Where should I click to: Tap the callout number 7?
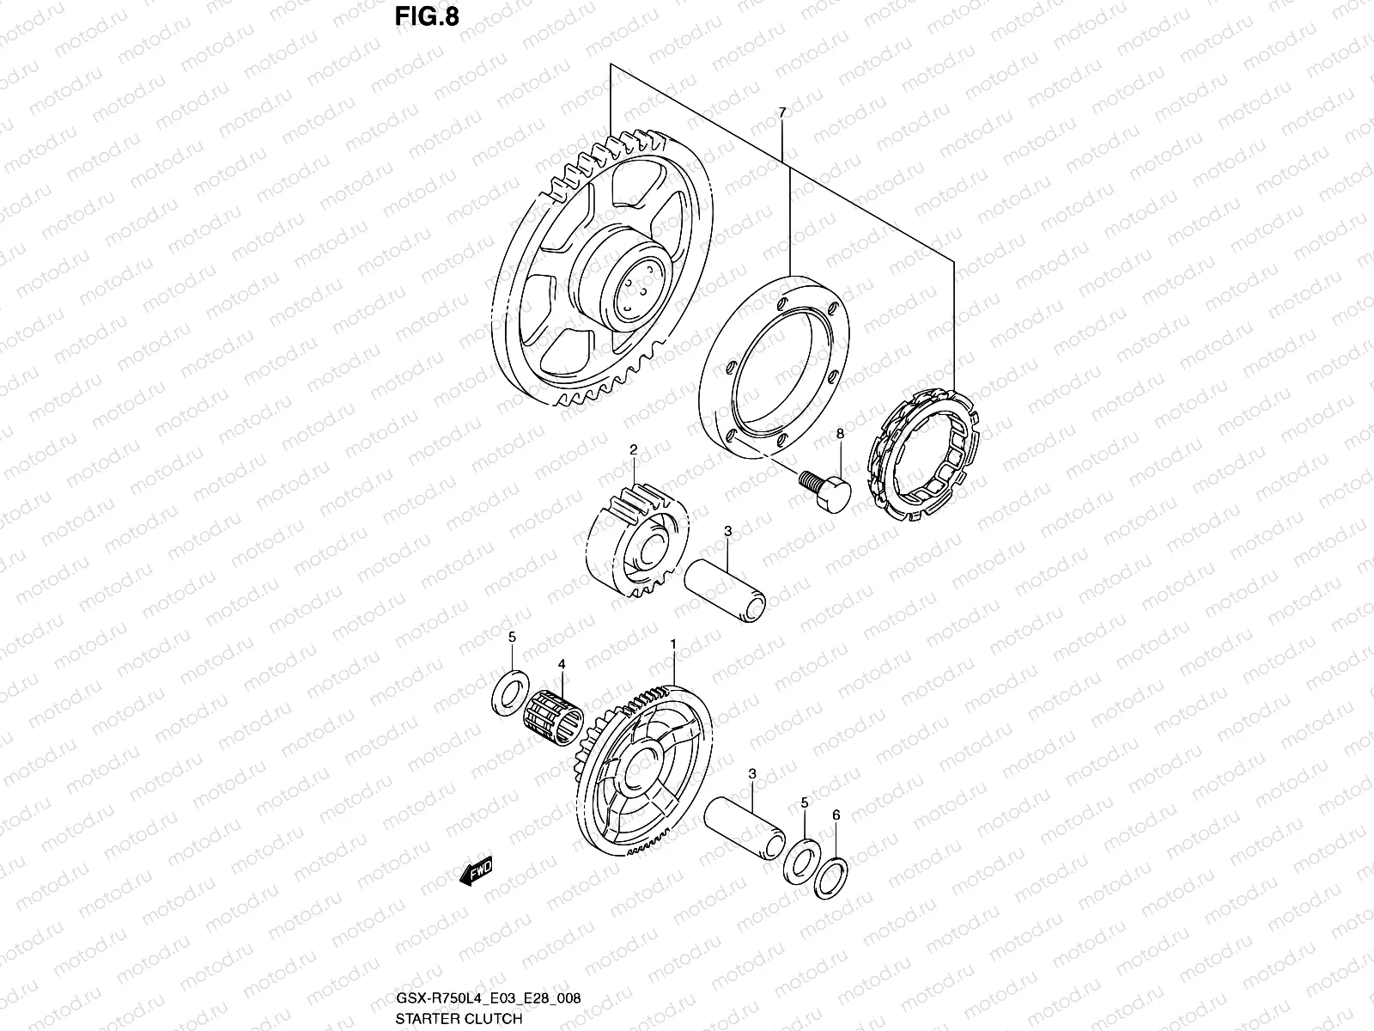coord(781,113)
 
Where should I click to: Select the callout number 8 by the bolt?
coord(840,435)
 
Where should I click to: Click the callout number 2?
coord(633,449)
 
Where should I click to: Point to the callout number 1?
coord(673,644)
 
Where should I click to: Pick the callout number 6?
coord(836,815)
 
